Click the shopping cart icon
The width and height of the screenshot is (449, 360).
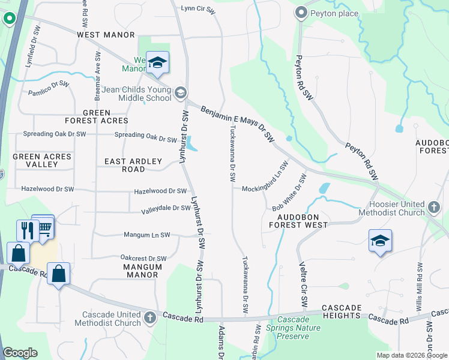(44, 226)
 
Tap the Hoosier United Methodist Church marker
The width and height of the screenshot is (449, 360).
(435, 208)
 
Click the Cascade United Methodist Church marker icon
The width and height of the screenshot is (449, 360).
(150, 316)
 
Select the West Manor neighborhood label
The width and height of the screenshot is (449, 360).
(106, 35)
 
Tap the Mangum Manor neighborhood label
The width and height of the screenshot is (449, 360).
(142, 271)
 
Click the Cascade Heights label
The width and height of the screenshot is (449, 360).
(342, 311)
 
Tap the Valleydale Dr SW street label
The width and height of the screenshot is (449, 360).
(166, 209)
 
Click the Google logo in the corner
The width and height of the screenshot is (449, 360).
(20, 353)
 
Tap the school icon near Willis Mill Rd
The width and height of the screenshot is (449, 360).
(380, 241)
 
